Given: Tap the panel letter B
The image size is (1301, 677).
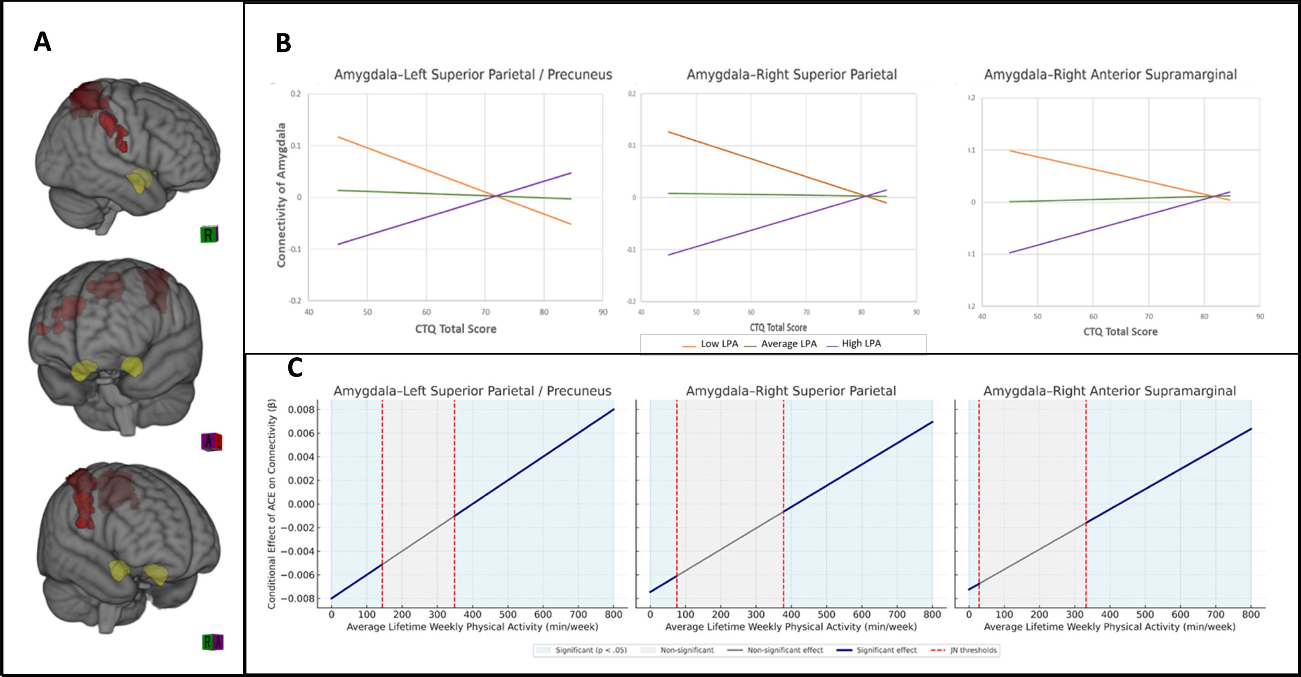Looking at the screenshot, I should tap(283, 43).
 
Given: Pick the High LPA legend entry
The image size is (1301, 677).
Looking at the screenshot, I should tap(861, 344).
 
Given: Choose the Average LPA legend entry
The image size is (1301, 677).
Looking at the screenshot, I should tap(788, 344).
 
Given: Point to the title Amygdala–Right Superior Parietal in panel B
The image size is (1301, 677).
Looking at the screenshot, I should tap(791, 75).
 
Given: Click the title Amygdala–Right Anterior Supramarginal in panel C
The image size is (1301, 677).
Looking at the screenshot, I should tap(1110, 391).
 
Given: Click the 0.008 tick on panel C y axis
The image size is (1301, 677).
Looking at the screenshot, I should tap(301, 410).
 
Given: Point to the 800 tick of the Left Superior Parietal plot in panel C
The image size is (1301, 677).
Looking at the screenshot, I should tap(613, 614).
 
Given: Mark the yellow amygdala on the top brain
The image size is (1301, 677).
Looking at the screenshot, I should tap(139, 182).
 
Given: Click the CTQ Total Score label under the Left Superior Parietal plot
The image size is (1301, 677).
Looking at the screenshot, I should tap(456, 329).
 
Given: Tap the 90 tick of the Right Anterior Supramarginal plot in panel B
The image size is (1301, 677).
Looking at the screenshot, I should tap(1260, 317).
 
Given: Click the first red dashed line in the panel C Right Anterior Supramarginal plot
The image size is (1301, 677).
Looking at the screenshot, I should tap(979, 503).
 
